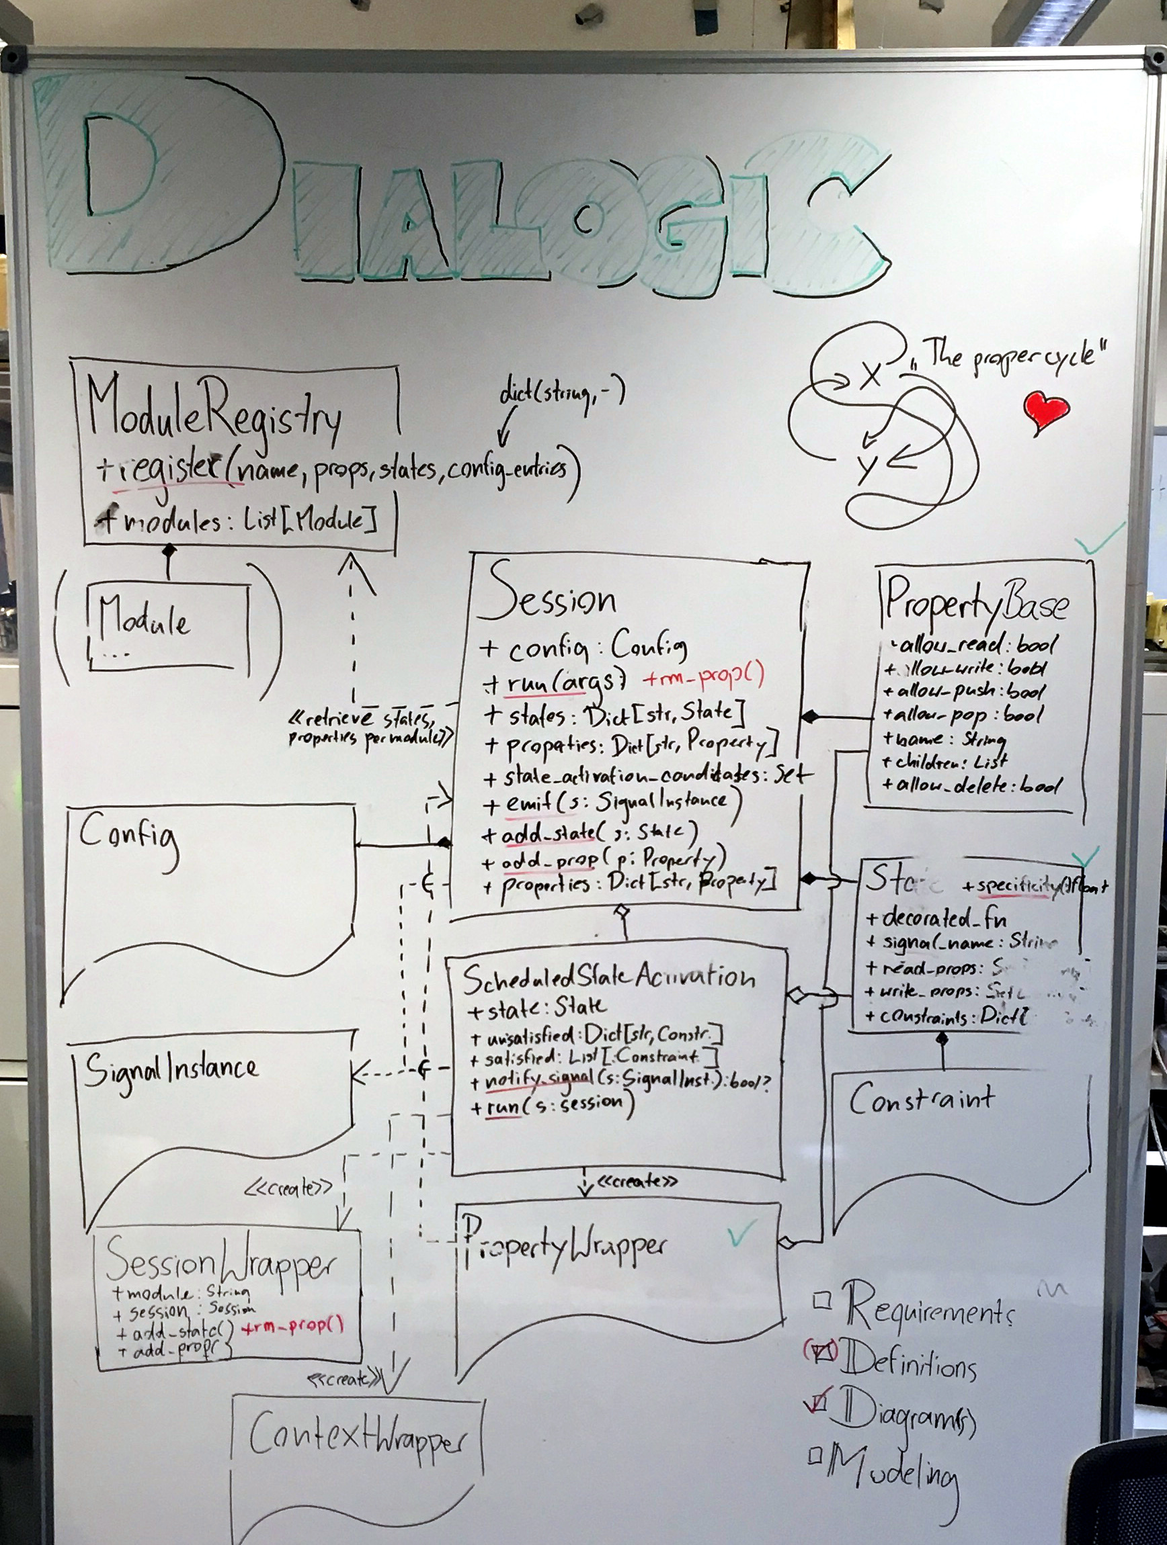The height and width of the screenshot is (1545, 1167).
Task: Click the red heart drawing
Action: tap(1045, 410)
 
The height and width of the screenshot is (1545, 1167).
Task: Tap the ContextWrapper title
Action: tap(356, 1433)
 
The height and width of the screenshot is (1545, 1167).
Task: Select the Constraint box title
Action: tap(922, 1100)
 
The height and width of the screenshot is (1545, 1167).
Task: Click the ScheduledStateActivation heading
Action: tap(608, 978)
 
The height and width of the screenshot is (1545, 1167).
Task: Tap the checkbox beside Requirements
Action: tap(823, 1300)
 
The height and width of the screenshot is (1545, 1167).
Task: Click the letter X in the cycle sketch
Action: tap(870, 376)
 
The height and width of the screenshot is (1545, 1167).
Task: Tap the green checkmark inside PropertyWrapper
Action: tap(741, 1234)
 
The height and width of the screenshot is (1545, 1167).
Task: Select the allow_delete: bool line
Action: tap(971, 785)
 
